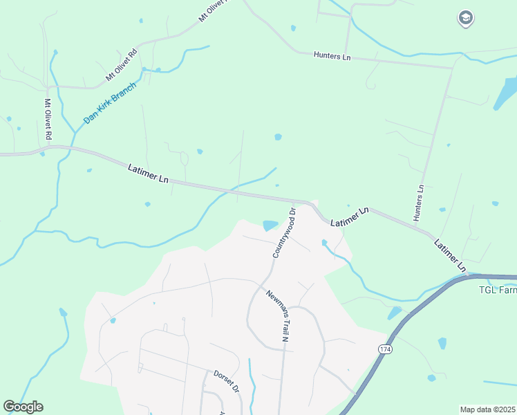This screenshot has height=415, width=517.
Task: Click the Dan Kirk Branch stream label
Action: (111, 103)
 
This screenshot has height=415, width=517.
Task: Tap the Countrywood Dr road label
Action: (283, 232)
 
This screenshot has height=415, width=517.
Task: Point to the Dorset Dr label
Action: (225, 381)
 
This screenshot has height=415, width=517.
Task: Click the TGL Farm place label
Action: (498, 290)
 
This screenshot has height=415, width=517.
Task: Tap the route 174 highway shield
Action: (384, 350)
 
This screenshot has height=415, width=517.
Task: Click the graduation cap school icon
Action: (466, 18)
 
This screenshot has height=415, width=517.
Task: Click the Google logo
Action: (23, 407)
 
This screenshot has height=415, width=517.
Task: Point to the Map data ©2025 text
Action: (487, 409)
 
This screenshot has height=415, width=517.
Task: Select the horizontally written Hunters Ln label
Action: (332, 55)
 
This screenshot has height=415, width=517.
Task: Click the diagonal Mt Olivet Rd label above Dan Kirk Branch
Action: (121, 63)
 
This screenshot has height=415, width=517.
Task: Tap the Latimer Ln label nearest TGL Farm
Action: (451, 255)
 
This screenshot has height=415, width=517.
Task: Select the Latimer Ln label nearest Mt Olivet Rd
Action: (149, 173)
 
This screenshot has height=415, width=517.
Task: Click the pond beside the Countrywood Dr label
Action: (270, 225)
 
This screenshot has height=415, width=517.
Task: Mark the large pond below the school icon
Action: (506, 95)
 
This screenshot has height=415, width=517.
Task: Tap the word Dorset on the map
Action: (222, 377)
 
